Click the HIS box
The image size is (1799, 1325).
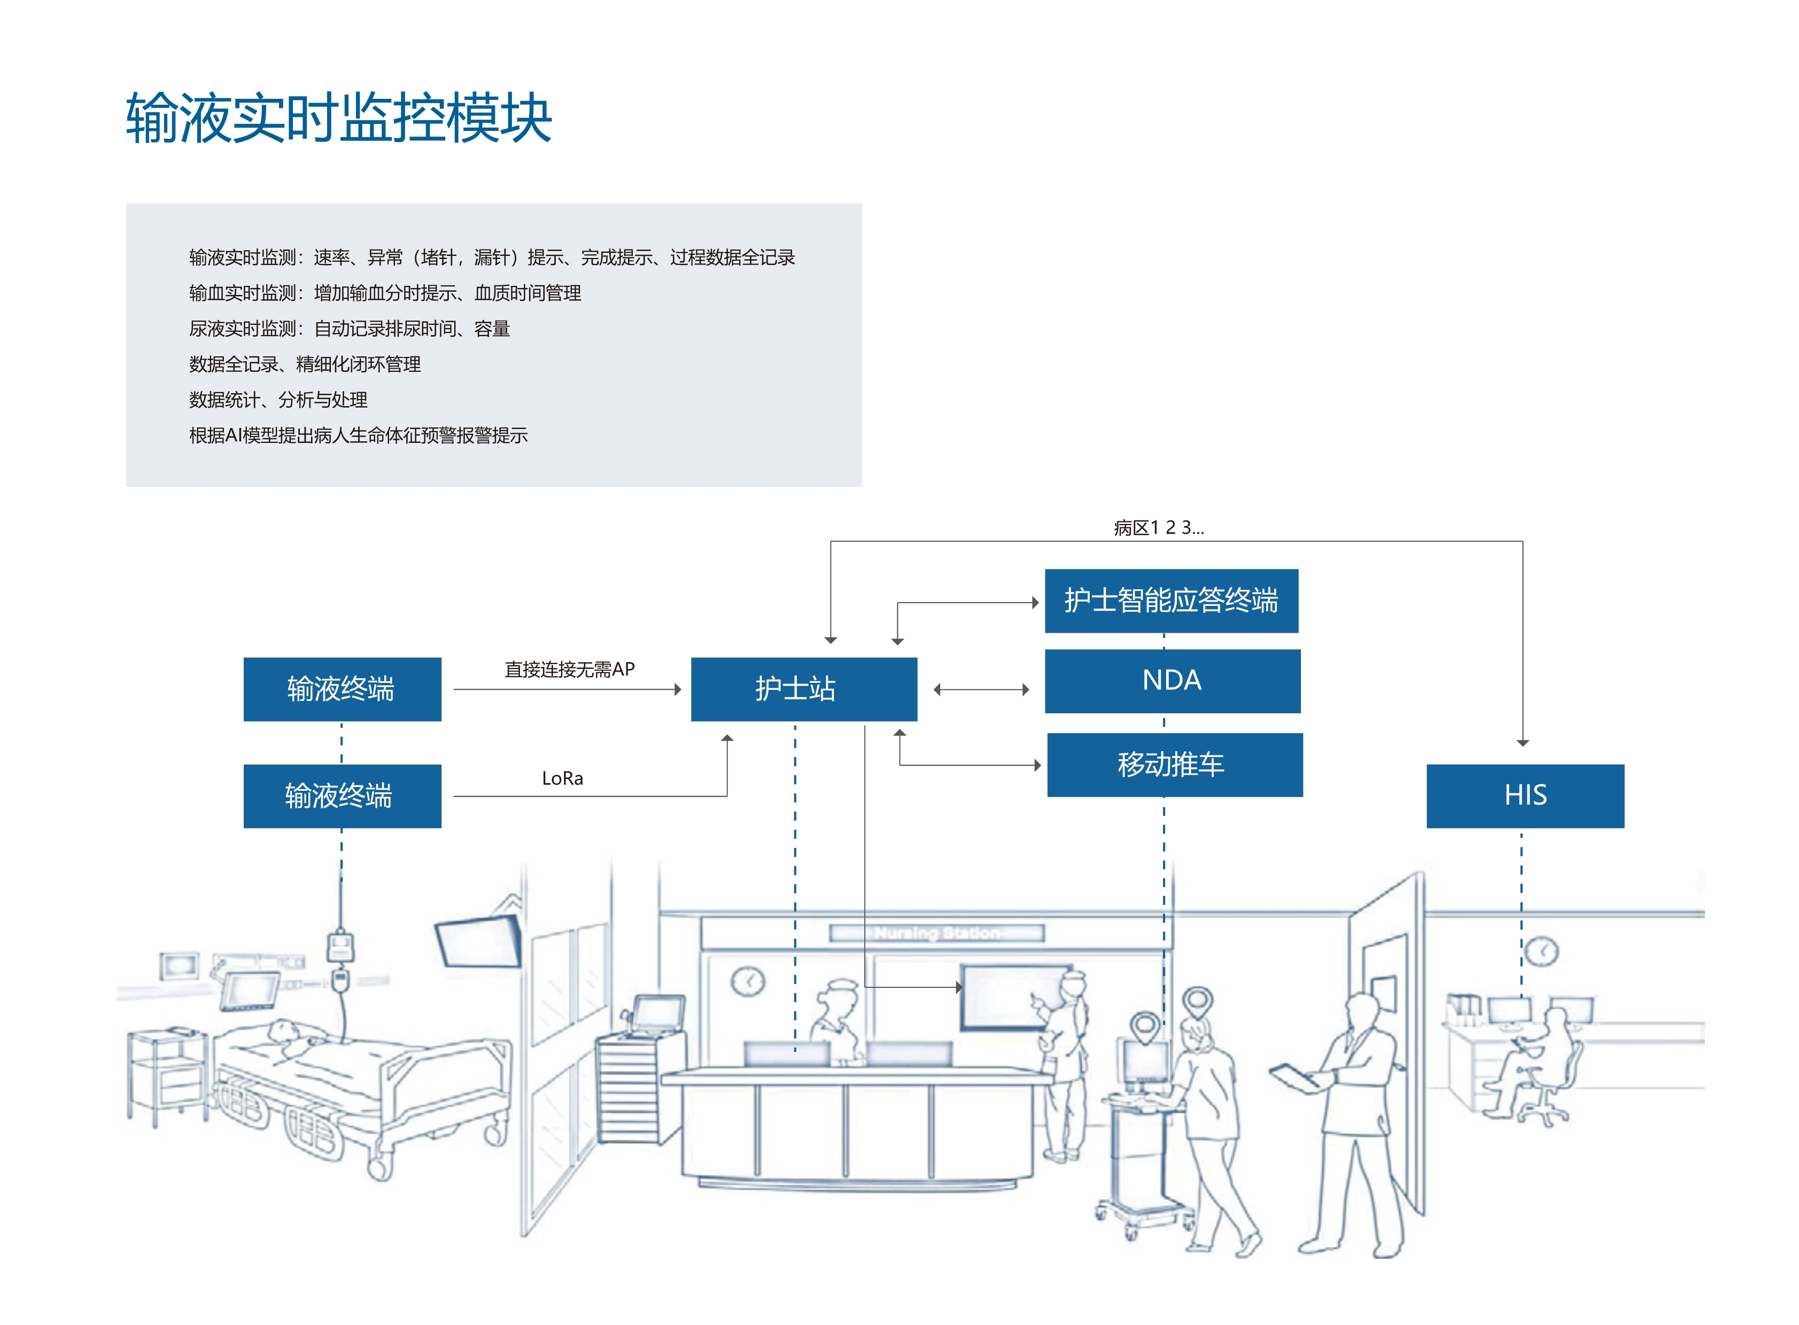pyautogui.click(x=1525, y=795)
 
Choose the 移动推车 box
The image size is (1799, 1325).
pyautogui.click(x=1174, y=765)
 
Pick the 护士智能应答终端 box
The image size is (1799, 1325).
pyautogui.click(x=1170, y=601)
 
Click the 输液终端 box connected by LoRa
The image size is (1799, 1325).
pyautogui.click(x=342, y=796)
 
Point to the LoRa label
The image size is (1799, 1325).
pyautogui.click(x=562, y=778)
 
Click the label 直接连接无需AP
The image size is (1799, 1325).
pyautogui.click(x=569, y=669)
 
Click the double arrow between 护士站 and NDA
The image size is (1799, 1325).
pyautogui.click(x=981, y=689)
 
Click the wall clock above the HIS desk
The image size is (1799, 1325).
pyautogui.click(x=1541, y=951)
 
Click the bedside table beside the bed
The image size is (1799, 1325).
pyautogui.click(x=167, y=1075)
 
